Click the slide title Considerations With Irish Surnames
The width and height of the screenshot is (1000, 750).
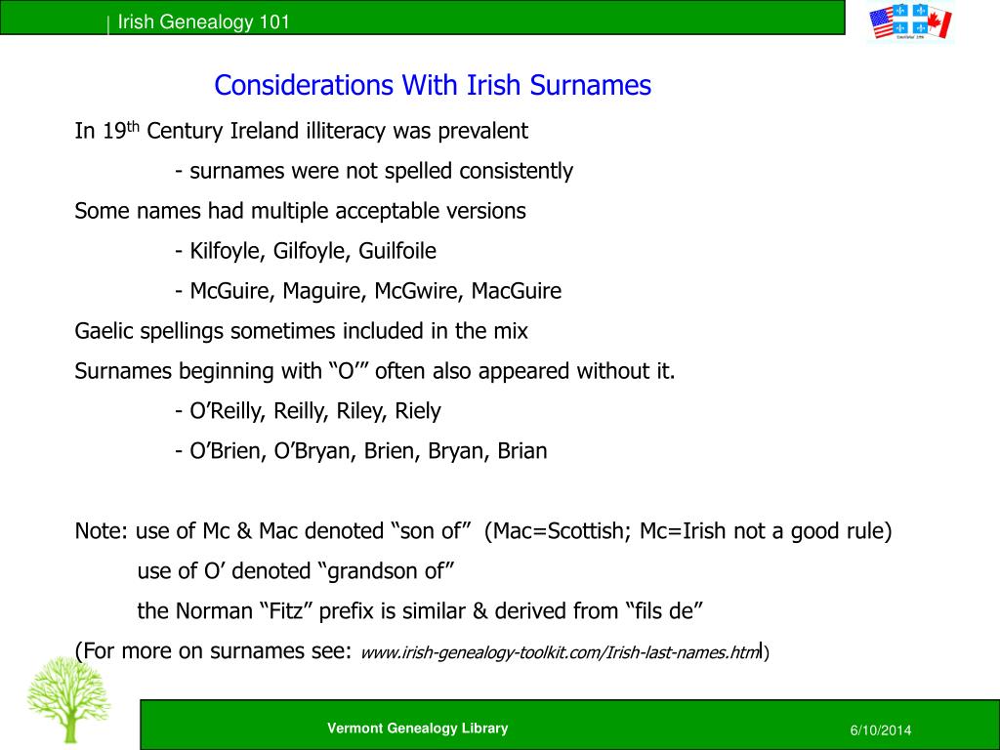433,86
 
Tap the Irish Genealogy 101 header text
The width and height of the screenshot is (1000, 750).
203,22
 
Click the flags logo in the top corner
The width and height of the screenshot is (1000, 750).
909,23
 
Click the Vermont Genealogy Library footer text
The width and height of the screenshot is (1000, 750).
417,728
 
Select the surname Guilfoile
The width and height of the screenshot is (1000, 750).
397,251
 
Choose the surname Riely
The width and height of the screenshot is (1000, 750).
418,411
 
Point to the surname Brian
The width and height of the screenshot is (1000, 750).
522,451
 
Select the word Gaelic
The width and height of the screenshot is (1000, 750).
104,331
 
